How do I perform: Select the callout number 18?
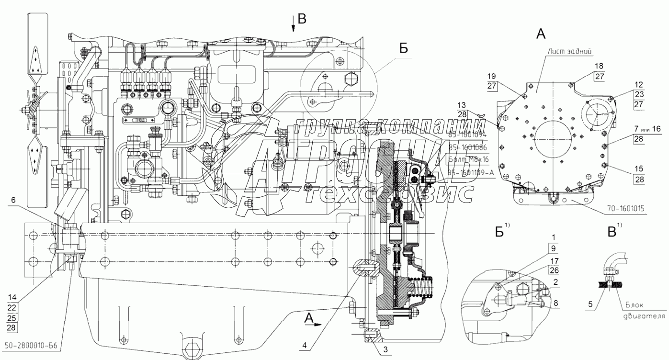(x=586, y=66)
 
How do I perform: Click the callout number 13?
(x=461, y=105)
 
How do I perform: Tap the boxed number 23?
(x=639, y=95)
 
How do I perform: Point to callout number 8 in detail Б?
(x=555, y=303)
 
